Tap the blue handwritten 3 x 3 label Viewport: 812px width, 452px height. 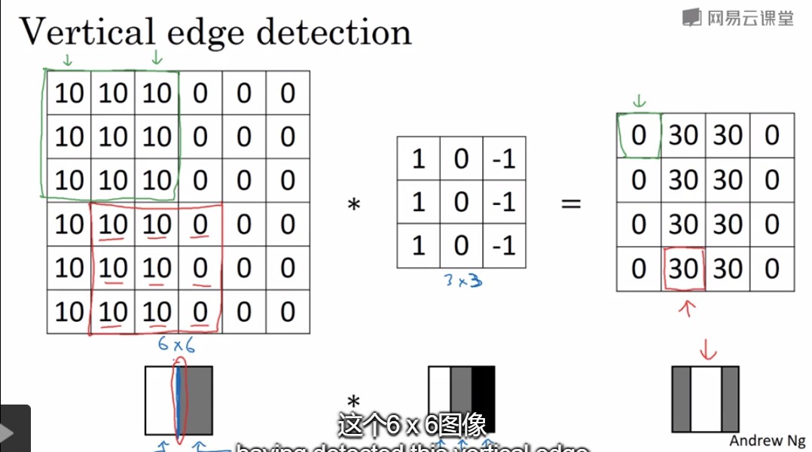click(460, 281)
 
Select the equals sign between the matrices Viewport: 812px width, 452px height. click(572, 203)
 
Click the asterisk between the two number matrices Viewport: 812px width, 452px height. click(353, 204)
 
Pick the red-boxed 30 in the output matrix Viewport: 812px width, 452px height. click(684, 269)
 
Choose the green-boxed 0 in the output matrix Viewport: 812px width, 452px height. click(640, 136)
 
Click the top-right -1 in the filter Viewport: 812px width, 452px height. click(503, 158)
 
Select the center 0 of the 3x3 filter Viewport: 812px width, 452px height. click(461, 203)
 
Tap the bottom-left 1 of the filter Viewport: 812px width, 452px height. click(418, 246)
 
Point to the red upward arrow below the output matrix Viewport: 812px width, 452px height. click(685, 309)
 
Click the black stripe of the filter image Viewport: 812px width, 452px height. click(484, 399)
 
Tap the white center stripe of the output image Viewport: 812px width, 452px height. click(706, 399)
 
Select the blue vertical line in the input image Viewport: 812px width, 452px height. click(179, 399)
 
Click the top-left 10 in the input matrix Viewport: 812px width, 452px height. click(69, 93)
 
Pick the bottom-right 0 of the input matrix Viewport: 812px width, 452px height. click(287, 311)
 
